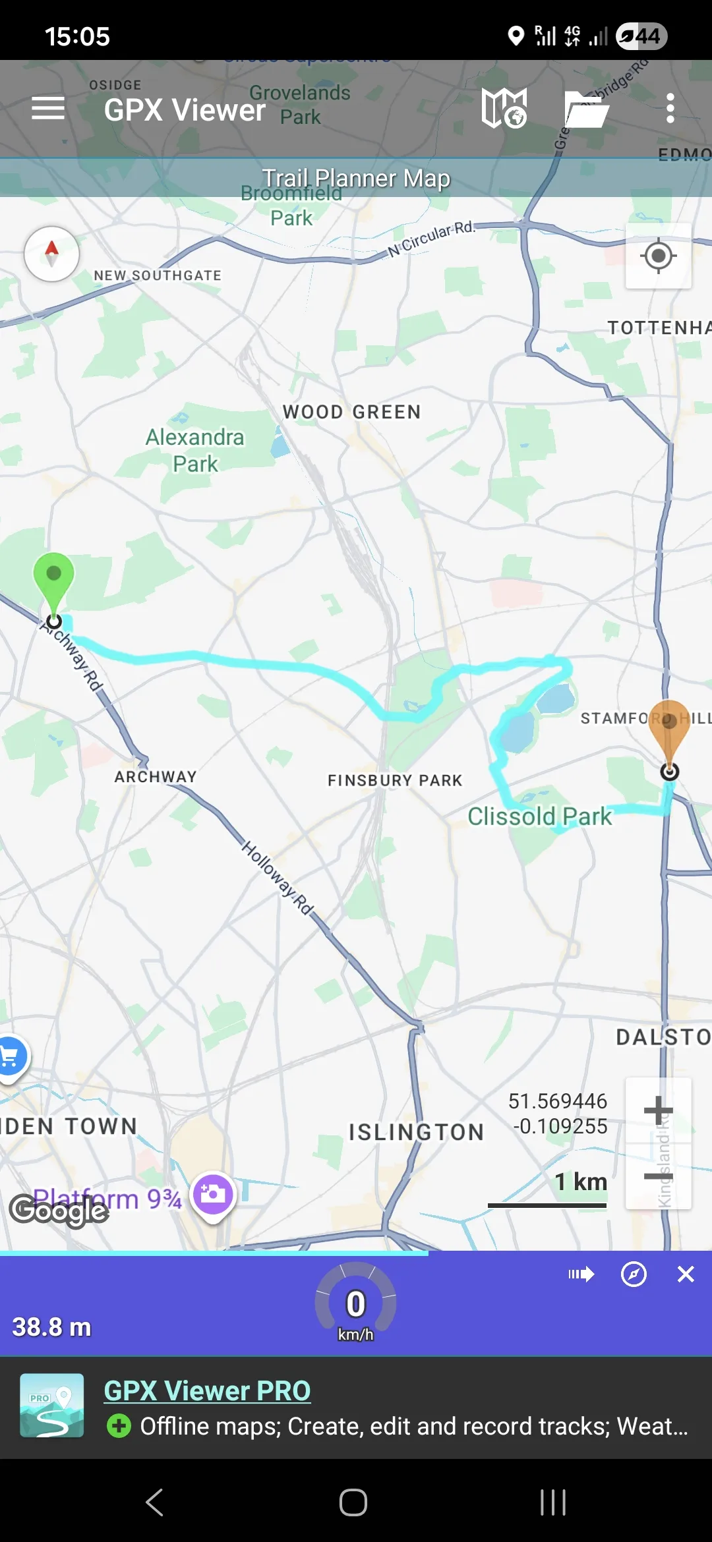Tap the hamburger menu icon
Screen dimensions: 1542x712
[48, 108]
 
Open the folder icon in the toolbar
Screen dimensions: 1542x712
[586, 109]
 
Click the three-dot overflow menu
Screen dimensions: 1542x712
[670, 108]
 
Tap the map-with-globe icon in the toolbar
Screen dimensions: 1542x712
[504, 108]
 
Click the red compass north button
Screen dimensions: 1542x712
[52, 254]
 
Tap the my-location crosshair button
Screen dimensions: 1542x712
[658, 256]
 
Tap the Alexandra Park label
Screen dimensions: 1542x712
[194, 450]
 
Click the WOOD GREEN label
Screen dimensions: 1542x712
[351, 413]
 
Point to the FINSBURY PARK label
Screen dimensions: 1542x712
[395, 781]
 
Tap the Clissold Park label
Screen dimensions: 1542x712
[539, 816]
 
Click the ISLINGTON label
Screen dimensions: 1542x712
[416, 1132]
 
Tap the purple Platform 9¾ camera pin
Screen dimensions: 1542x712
[213, 1195]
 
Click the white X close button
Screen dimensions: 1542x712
[686, 1274]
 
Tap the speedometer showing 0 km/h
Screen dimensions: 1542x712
[356, 1305]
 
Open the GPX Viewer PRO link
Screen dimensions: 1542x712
[207, 1391]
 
